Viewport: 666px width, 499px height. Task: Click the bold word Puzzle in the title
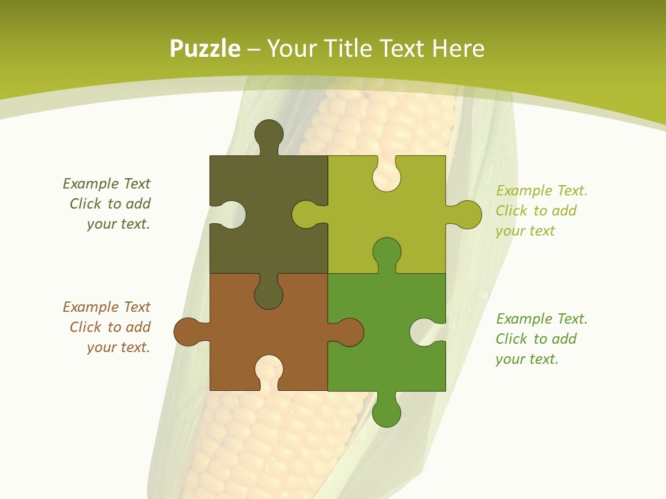coord(205,49)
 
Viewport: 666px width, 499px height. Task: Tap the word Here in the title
coord(458,49)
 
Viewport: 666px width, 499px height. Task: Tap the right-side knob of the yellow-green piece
coord(467,215)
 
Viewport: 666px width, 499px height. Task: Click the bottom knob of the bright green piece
coord(386,412)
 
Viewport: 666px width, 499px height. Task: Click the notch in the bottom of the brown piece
coord(269,370)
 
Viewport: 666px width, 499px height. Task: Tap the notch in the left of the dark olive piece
coord(231,215)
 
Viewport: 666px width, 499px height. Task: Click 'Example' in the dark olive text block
coord(91,184)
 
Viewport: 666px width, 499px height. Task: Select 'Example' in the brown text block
coord(91,307)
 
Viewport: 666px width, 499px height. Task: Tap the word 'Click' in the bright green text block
coord(511,339)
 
